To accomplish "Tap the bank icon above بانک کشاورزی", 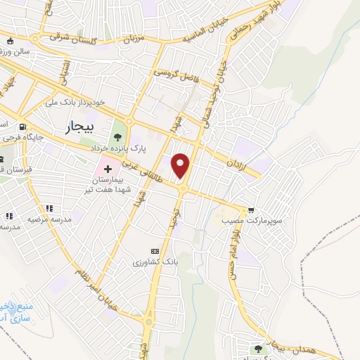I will click(155, 251).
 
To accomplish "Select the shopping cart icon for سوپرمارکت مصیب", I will click(251, 209).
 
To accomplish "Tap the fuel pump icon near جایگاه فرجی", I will click(25, 127).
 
